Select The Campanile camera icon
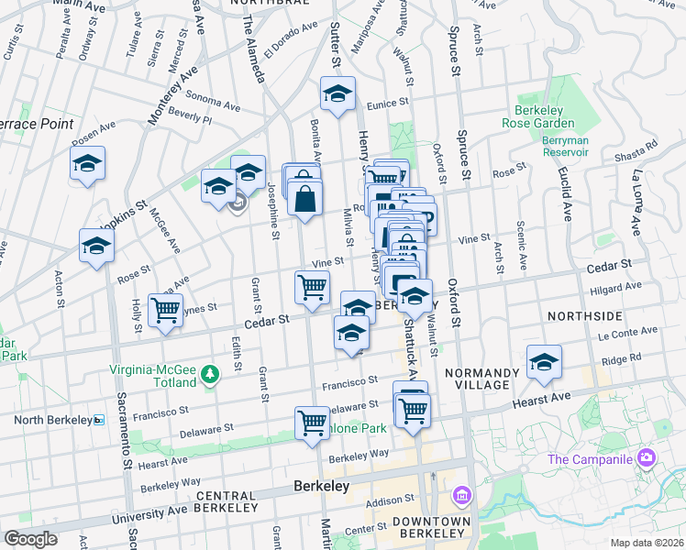pyautogui.click(x=647, y=457)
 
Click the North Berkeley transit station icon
pyautogui.click(x=99, y=419)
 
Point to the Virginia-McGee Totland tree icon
pyautogui.click(x=211, y=374)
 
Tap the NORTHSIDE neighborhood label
pyautogui.click(x=584, y=315)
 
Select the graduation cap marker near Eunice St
pyautogui.click(x=337, y=93)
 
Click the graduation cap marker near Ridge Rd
pyautogui.click(x=544, y=362)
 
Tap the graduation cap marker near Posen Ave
pyautogui.click(x=88, y=164)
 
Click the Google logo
pyautogui.click(x=30, y=539)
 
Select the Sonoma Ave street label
pyautogui.click(x=212, y=95)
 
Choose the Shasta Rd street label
pyautogui.click(x=639, y=145)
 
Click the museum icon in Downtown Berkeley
pyautogui.click(x=461, y=497)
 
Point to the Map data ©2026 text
pyautogui.click(x=647, y=542)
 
